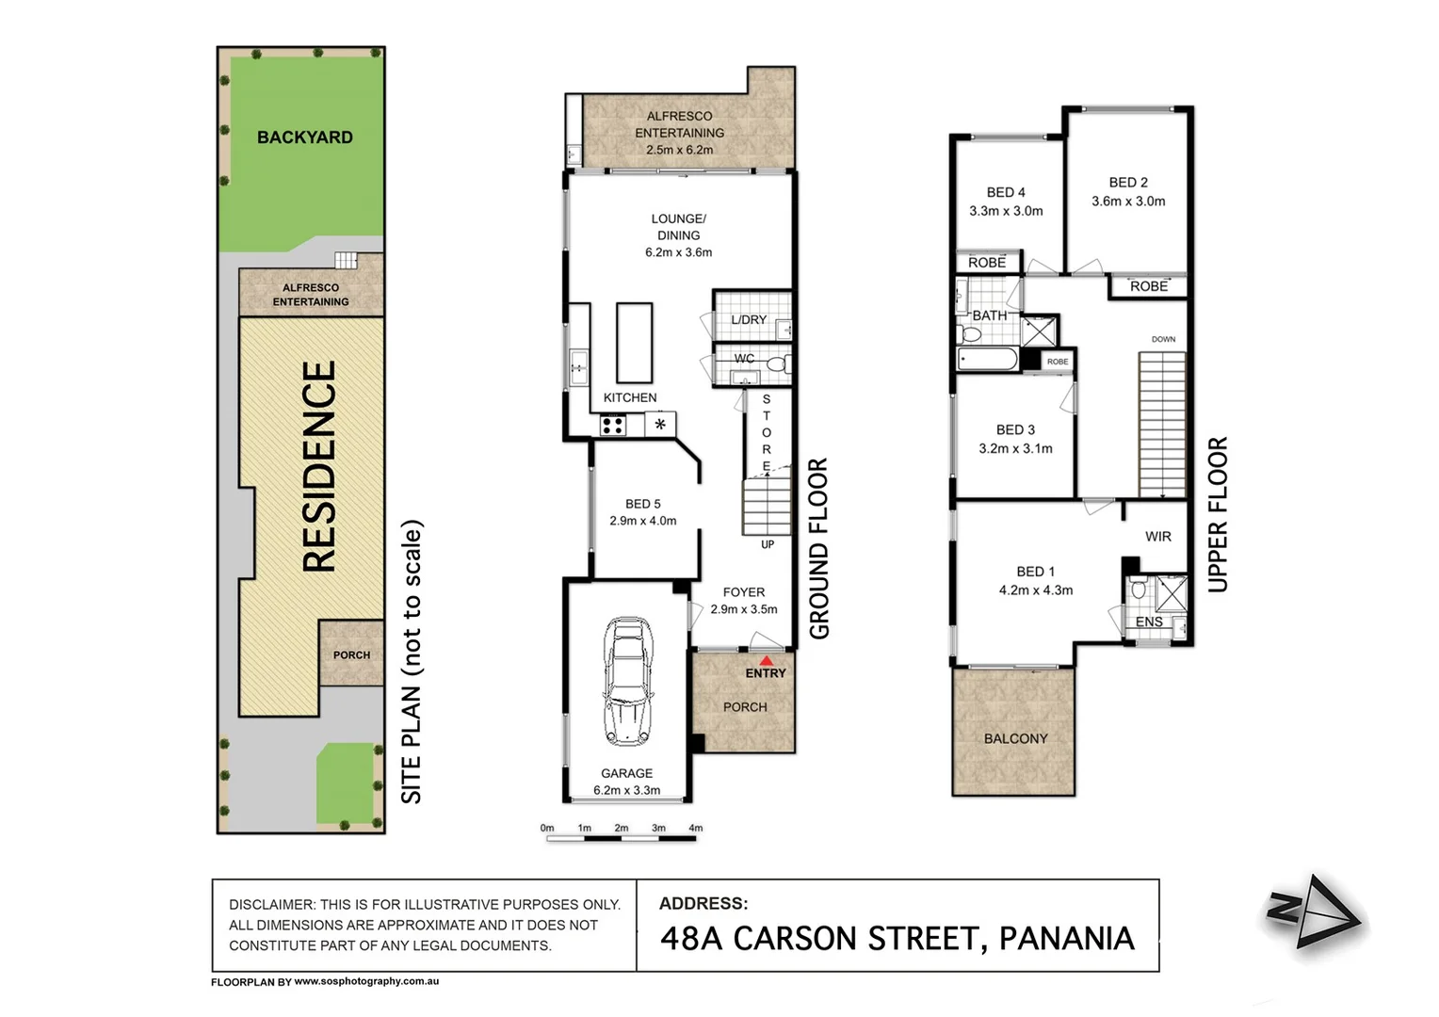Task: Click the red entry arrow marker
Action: pyautogui.click(x=766, y=661)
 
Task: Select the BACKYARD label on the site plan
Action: pyautogui.click(x=305, y=137)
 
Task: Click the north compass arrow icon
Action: pyautogui.click(x=1313, y=911)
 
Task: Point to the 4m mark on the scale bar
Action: pyautogui.click(x=695, y=829)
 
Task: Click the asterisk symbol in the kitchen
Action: pyautogui.click(x=660, y=425)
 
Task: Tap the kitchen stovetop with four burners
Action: pyautogui.click(x=613, y=426)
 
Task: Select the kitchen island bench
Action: pyautogui.click(x=635, y=341)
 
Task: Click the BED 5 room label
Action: pyautogui.click(x=643, y=504)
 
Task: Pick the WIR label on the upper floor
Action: pyautogui.click(x=1157, y=537)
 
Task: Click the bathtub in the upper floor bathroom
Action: pyautogui.click(x=987, y=359)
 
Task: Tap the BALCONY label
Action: pyautogui.click(x=1015, y=739)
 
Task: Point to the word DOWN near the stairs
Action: pyautogui.click(x=1163, y=339)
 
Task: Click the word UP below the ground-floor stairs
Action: pyautogui.click(x=768, y=544)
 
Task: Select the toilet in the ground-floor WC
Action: pyautogui.click(x=777, y=364)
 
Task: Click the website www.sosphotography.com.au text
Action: pyautogui.click(x=366, y=981)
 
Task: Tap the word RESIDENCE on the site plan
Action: pyautogui.click(x=319, y=467)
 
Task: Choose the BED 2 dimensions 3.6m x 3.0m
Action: pyautogui.click(x=1128, y=202)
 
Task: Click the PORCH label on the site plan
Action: pyautogui.click(x=351, y=655)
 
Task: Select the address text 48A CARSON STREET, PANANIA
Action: pyautogui.click(x=897, y=939)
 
